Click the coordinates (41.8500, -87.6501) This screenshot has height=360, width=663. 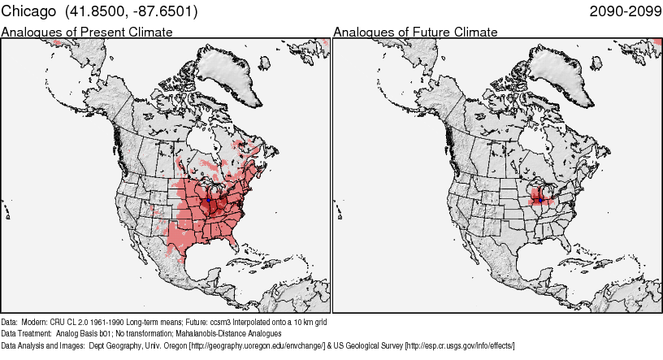point(129,12)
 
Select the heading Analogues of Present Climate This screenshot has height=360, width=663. point(87,33)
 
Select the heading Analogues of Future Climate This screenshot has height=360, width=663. point(415,33)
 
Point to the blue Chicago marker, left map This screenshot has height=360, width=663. point(209,197)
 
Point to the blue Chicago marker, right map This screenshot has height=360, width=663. point(540,197)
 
